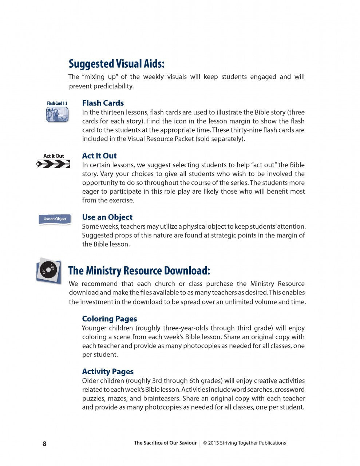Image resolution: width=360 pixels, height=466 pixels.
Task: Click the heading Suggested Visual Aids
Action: coord(116,64)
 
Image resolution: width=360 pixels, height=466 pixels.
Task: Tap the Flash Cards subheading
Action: coord(103,103)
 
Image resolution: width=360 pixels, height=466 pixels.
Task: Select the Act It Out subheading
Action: coord(99,156)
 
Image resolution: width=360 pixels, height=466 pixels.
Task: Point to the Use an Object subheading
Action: coord(107,217)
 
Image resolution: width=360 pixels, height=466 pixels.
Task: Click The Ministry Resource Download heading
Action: coord(139,271)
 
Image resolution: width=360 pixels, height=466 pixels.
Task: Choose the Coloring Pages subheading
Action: coord(110,319)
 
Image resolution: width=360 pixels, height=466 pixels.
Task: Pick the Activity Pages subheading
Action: coord(108,372)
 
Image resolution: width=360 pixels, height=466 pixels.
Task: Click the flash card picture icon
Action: coord(57,115)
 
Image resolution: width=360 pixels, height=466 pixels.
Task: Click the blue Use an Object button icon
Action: coord(55,219)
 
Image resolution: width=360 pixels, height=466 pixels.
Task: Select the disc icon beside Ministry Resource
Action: coord(48,271)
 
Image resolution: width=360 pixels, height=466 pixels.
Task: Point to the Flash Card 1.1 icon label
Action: coord(57,103)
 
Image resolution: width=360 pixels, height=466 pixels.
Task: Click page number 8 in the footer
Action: coord(45,443)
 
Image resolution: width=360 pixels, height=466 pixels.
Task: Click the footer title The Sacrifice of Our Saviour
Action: coord(165,443)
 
